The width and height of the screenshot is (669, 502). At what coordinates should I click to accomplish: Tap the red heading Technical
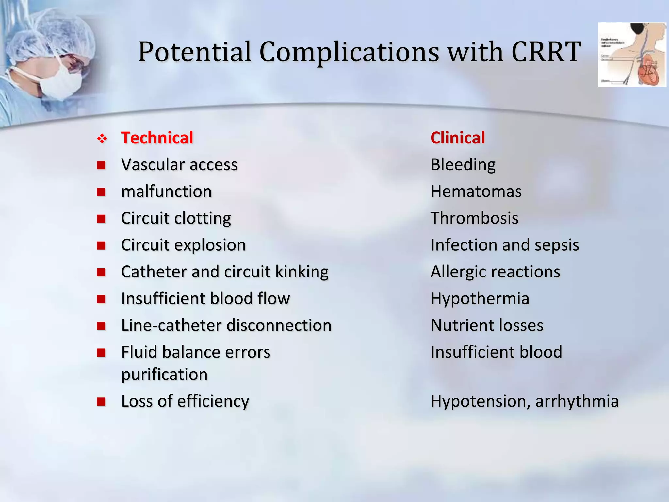[157, 138]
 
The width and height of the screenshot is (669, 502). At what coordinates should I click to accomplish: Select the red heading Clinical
[458, 138]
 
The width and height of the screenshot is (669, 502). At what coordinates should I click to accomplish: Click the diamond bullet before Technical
[102, 139]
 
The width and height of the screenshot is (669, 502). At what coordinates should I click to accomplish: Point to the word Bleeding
[463, 165]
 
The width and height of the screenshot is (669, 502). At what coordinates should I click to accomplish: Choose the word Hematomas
[476, 192]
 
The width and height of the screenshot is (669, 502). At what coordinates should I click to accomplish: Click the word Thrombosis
[474, 218]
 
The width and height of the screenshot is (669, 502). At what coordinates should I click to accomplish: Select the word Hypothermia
[480, 298]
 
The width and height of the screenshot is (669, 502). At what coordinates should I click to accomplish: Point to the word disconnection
[279, 326]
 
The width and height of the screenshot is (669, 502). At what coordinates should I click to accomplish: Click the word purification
[164, 375]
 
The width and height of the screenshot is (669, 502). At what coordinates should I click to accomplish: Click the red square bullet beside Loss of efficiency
[101, 401]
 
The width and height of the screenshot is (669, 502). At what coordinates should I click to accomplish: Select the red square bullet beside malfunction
[101, 192]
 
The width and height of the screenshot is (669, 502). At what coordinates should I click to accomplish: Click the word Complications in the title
[349, 52]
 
